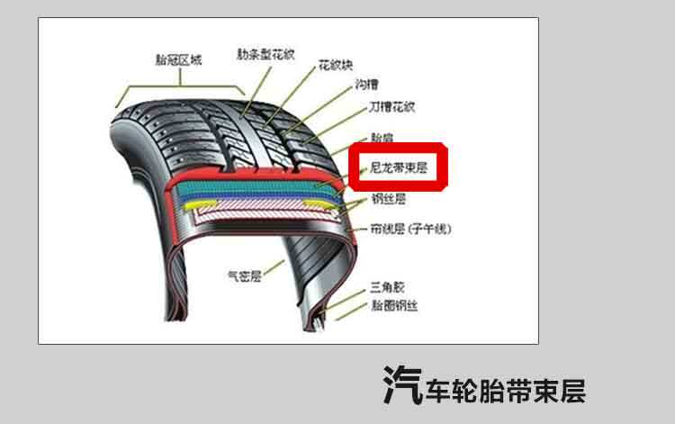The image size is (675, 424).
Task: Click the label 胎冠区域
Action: pyautogui.click(x=178, y=60)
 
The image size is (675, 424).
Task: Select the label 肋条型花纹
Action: pyautogui.click(x=265, y=54)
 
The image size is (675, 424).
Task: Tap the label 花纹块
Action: pyautogui.click(x=335, y=66)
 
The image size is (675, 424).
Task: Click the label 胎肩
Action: pyautogui.click(x=382, y=138)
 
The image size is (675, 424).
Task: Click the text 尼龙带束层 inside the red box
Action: pyautogui.click(x=399, y=167)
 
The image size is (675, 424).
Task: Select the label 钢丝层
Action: pyautogui.click(x=389, y=198)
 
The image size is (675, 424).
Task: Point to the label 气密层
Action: pyautogui.click(x=243, y=276)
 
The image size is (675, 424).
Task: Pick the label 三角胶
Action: pyautogui.click(x=385, y=289)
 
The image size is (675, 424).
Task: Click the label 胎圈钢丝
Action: pyautogui.click(x=395, y=306)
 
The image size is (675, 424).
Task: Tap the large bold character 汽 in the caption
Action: pyautogui.click(x=402, y=384)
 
